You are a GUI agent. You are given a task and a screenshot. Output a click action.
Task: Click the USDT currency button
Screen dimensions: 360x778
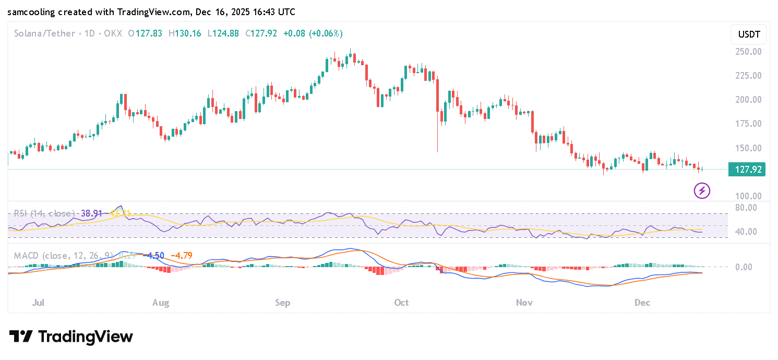click(749, 35)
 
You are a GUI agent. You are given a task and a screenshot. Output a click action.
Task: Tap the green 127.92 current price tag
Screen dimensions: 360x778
click(747, 170)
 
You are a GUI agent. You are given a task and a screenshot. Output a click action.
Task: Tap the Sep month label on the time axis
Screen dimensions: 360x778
click(282, 303)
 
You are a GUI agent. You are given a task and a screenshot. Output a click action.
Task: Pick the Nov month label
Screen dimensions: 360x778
click(524, 303)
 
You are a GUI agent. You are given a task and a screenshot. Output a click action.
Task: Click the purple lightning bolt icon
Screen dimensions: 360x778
click(702, 190)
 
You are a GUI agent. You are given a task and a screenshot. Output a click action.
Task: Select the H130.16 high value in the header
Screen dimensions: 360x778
click(185, 33)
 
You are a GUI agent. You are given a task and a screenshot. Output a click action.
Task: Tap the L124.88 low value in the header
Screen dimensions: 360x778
click(223, 33)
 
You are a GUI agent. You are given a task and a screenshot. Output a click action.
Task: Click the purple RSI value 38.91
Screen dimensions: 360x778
click(92, 213)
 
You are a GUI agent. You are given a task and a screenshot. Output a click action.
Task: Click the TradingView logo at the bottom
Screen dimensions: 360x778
click(71, 337)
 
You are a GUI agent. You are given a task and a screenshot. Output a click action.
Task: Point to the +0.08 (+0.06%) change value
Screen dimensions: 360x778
click(313, 33)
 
